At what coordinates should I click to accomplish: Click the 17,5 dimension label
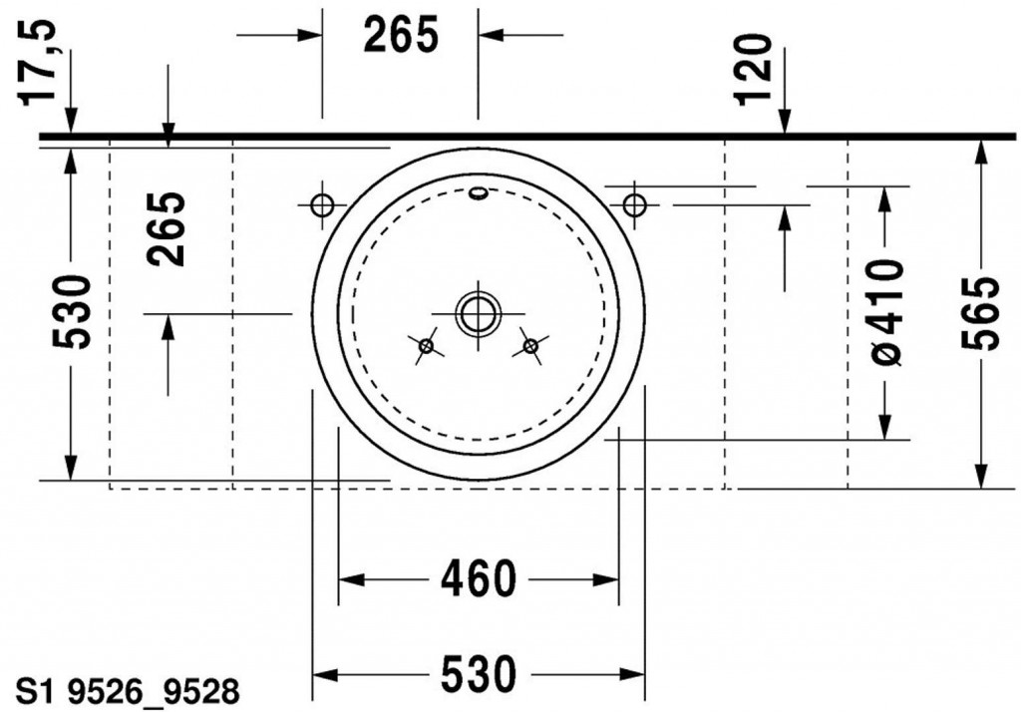pyautogui.click(x=37, y=63)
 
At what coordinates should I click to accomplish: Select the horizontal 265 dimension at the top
pyautogui.click(x=401, y=35)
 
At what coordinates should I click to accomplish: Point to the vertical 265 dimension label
pyautogui.click(x=166, y=229)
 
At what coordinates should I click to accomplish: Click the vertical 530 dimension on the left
pyautogui.click(x=72, y=312)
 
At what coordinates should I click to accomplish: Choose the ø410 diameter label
pyautogui.click(x=885, y=311)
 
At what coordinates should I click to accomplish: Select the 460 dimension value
pyautogui.click(x=479, y=578)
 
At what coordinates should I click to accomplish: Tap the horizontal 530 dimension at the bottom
pyautogui.click(x=479, y=674)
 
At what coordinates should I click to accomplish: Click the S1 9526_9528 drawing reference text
pyautogui.click(x=128, y=692)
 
